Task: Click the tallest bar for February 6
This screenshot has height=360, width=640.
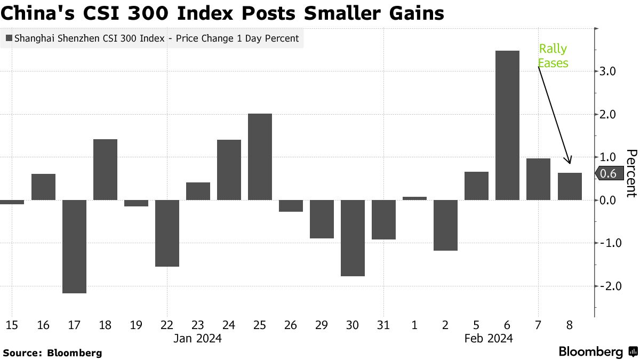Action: point(507,125)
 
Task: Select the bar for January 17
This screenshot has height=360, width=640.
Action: point(74,246)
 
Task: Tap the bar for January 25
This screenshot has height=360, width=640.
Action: point(260,157)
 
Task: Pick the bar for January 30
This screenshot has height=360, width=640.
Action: point(353,238)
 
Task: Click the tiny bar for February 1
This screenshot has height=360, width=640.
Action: point(414,198)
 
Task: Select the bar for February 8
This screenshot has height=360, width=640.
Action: point(569,187)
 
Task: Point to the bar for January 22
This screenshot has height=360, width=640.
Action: point(167,233)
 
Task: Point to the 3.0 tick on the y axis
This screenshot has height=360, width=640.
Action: point(609,71)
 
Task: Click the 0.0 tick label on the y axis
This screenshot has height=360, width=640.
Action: point(609,200)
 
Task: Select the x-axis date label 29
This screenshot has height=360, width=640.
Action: point(322,324)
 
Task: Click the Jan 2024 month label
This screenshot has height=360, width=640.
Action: point(198,339)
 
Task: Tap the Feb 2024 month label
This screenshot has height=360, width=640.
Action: point(489,339)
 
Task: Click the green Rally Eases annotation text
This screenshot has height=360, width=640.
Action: point(553,56)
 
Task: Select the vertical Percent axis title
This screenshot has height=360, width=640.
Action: point(631,173)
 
